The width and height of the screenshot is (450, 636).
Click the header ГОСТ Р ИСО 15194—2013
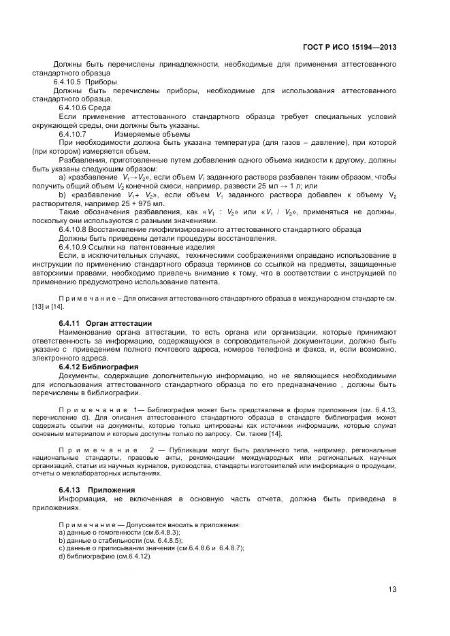pos(350,47)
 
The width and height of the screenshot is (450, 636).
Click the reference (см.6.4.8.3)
pos(155,532)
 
